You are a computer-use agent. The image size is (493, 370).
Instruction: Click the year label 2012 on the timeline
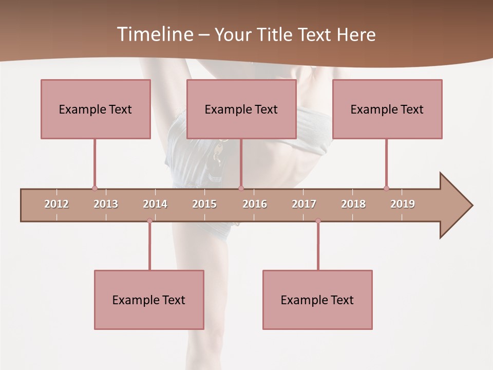coord(56,204)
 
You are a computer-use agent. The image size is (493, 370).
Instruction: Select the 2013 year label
coord(106,204)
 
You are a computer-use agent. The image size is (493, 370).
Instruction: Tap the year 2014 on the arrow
coord(155,204)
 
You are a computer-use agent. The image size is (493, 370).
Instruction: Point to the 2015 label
coord(204,204)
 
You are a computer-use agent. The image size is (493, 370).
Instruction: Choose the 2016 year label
coord(255,204)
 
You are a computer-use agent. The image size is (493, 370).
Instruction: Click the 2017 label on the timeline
coord(304,204)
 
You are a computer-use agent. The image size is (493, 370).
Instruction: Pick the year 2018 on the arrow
coord(353,204)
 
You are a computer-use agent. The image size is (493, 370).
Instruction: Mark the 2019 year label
coord(403,204)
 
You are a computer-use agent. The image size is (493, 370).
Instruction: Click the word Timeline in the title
coord(154,34)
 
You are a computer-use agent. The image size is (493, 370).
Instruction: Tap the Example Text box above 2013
coord(96,109)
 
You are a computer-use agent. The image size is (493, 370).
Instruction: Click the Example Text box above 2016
coord(241,109)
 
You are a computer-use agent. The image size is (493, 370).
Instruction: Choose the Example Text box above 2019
coord(387,109)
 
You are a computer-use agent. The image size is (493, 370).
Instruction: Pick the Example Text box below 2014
coord(149,300)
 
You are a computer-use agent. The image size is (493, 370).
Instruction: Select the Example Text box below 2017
coord(317,300)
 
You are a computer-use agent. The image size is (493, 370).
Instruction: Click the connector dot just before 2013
coord(94,189)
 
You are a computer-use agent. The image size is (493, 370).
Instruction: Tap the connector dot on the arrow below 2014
coord(149,221)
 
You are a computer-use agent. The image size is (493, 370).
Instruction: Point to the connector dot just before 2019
coord(386,189)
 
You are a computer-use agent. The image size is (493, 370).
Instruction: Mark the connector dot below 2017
coord(318,221)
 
